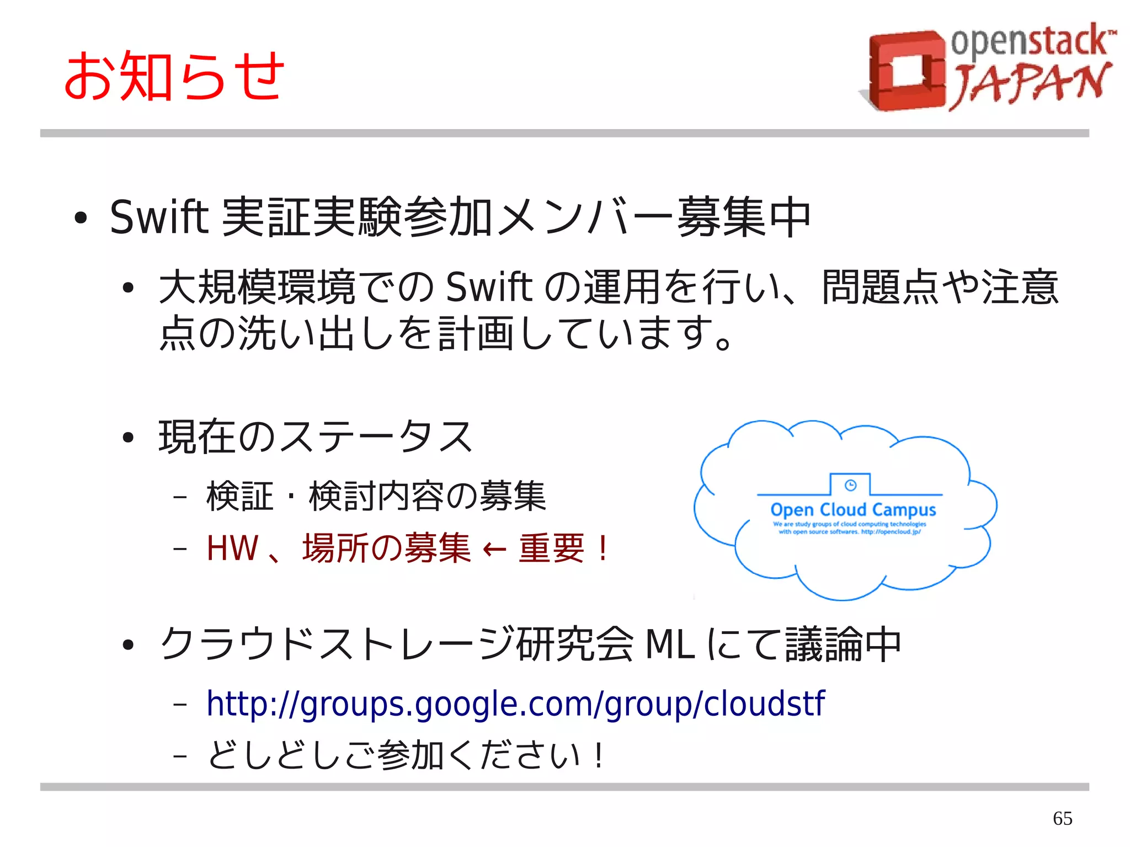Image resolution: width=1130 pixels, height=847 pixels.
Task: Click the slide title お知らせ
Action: click(174, 76)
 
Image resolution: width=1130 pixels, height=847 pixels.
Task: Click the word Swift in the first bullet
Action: click(159, 217)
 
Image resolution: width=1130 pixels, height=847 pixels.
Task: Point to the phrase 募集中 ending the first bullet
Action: click(744, 217)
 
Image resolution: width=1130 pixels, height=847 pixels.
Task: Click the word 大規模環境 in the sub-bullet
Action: click(257, 287)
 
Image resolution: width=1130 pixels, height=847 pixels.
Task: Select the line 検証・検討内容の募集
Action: click(376, 496)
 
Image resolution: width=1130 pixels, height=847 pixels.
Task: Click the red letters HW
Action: click(232, 548)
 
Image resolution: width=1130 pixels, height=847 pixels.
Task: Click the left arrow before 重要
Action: click(494, 550)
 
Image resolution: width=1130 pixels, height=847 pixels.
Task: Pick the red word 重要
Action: click(551, 548)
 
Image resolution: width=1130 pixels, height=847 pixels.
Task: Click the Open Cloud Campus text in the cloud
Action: click(853, 509)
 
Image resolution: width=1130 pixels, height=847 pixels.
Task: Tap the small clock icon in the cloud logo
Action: click(850, 485)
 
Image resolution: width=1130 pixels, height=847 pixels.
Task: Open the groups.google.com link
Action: click(515, 704)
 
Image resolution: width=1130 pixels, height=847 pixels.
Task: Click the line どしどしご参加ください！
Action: click(406, 755)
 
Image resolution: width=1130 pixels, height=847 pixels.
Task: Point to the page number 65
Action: click(1062, 818)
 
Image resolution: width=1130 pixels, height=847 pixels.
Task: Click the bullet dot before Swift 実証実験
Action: click(81, 218)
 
